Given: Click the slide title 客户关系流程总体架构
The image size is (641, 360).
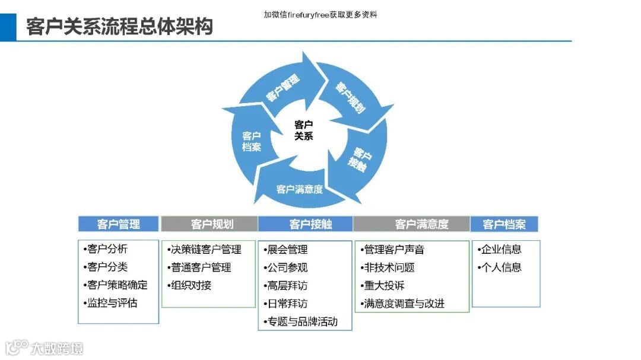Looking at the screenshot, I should click(119, 27).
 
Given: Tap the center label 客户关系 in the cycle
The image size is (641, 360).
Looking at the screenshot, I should click(303, 130).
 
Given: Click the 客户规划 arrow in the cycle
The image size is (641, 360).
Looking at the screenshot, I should click(350, 97).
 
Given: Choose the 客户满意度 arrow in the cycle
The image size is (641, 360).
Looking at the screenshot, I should click(300, 189).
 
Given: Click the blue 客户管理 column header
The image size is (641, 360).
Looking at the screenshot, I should click(119, 224).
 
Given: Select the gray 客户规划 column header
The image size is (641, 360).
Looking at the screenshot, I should click(209, 224).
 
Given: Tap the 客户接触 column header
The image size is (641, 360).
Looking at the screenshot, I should click(305, 224).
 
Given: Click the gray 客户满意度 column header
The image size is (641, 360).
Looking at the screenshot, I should click(411, 224).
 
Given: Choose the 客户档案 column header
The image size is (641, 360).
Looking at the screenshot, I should click(504, 224).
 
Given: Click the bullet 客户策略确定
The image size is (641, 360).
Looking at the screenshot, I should click(116, 285).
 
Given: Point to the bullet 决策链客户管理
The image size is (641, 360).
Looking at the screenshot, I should click(205, 250).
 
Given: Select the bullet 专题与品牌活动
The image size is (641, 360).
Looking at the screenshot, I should click(302, 322).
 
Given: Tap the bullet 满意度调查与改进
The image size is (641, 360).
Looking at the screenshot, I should click(404, 304).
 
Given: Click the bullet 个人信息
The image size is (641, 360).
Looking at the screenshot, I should click(500, 267).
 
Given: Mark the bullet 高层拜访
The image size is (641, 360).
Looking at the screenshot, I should click(287, 285).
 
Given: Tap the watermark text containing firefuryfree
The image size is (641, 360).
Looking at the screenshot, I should click(320, 15).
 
